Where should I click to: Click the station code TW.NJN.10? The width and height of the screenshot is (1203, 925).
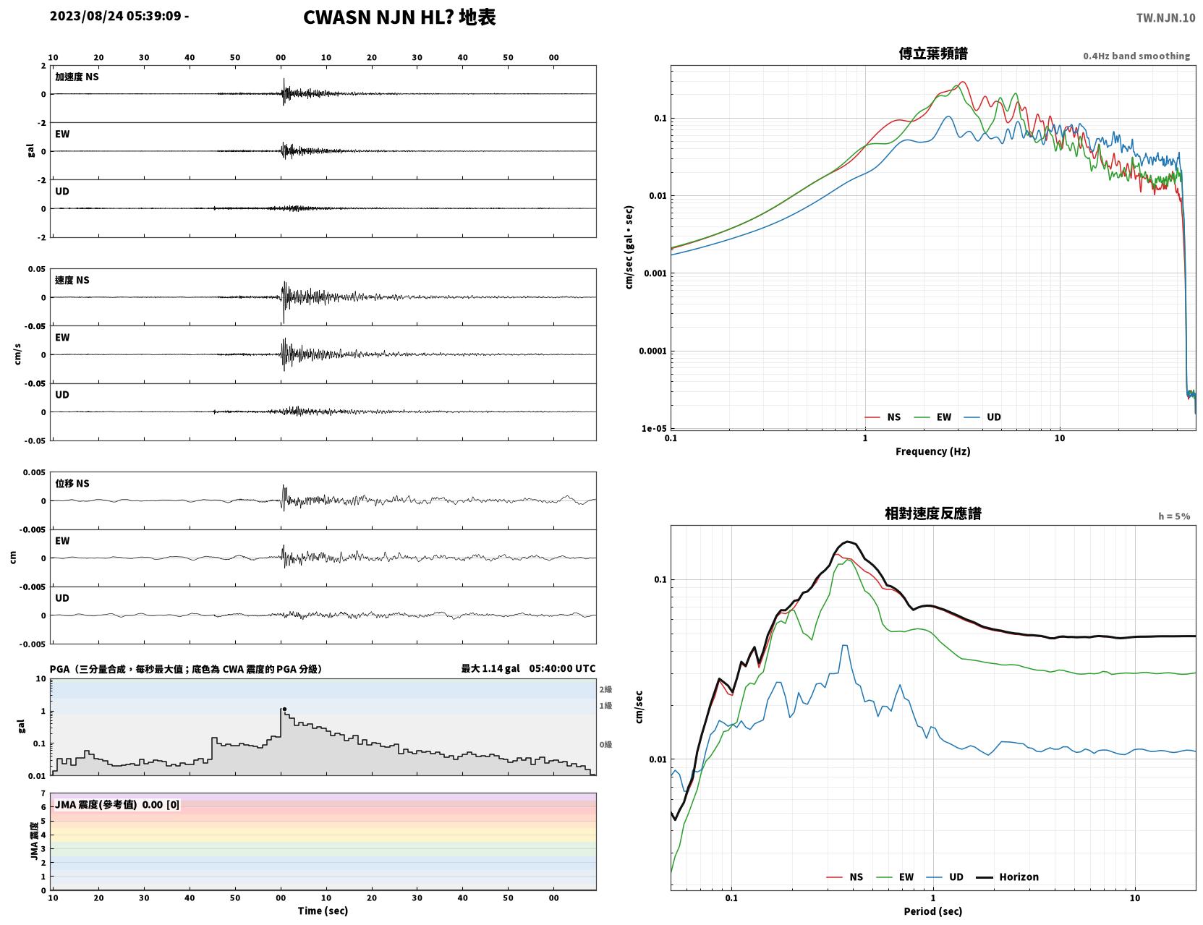[x=1165, y=17]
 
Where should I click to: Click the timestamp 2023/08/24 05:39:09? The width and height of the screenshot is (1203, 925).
[x=116, y=15]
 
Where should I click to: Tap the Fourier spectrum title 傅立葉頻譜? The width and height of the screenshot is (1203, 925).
[x=933, y=54]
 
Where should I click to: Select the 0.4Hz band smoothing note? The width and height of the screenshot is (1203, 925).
[x=1136, y=56]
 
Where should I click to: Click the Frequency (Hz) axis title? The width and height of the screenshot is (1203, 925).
[x=933, y=451]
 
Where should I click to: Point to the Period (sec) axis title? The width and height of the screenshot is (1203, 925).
[x=933, y=911]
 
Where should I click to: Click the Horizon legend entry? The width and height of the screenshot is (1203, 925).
[x=1007, y=877]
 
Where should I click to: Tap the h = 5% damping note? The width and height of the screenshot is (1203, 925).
[x=1173, y=516]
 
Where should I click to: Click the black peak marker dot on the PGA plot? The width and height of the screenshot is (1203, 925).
[x=284, y=709]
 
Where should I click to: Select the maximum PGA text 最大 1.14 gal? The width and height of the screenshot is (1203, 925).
[x=490, y=668]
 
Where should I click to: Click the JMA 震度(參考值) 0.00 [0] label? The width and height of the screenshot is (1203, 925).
[x=116, y=804]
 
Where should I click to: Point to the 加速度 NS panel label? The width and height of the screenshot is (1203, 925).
[x=77, y=77]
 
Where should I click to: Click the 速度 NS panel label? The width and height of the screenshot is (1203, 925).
[x=72, y=280]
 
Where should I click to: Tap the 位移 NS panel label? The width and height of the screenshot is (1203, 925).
[x=72, y=484]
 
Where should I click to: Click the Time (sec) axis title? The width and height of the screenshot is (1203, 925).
[x=323, y=911]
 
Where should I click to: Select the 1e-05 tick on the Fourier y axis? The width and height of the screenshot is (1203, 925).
[x=654, y=429]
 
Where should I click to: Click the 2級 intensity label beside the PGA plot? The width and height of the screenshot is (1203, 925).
[x=605, y=689]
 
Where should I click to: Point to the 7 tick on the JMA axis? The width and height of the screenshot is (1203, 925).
[x=43, y=793]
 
